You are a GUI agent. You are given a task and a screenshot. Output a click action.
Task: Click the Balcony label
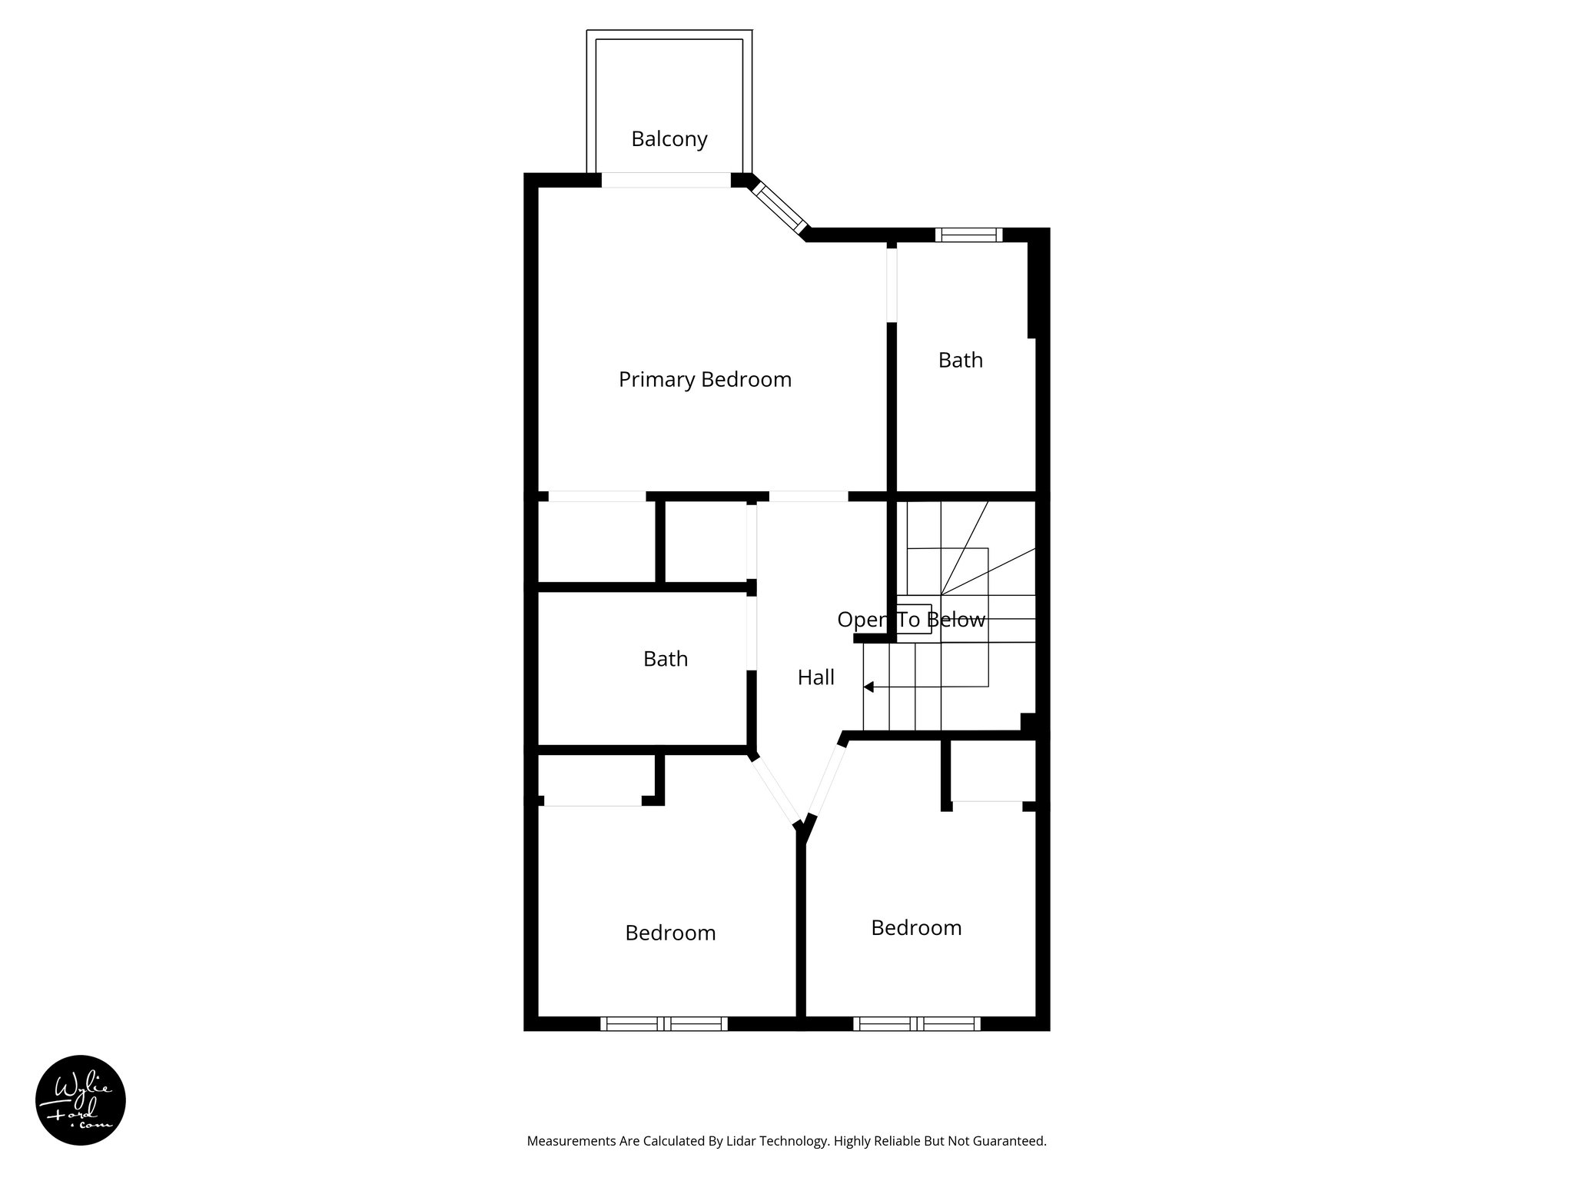click(669, 139)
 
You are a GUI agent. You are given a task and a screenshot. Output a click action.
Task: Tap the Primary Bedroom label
click(705, 380)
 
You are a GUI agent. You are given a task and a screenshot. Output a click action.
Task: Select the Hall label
click(815, 677)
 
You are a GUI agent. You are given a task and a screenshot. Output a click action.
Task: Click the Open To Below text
click(911, 620)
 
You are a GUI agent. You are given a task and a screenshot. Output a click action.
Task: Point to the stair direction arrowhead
click(868, 687)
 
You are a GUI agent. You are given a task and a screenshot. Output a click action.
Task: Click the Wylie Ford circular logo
click(81, 1100)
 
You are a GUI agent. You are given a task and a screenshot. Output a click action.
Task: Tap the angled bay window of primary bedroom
click(779, 206)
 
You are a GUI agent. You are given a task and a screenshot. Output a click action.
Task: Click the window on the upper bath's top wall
click(968, 235)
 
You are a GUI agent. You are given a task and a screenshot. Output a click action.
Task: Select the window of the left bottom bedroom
click(663, 1023)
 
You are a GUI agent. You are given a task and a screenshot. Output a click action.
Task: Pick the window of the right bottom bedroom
click(916, 1023)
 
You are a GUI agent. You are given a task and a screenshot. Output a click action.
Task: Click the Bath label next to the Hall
click(665, 659)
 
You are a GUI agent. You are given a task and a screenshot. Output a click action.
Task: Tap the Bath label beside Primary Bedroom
click(960, 361)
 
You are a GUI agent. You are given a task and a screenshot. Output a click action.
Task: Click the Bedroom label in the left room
click(670, 933)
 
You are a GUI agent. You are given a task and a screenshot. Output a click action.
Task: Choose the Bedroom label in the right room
click(916, 928)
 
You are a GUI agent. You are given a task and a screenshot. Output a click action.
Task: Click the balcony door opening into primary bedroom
click(666, 181)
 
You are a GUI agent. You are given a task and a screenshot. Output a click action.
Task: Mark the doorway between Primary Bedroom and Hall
click(809, 497)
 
